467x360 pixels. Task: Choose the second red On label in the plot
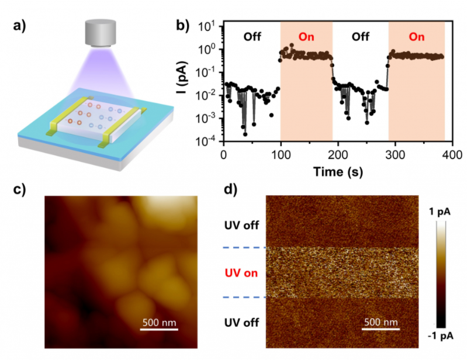pyautogui.click(x=416, y=37)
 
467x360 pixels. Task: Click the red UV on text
pyautogui.click(x=243, y=273)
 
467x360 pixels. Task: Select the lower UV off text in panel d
pyautogui.click(x=243, y=322)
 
